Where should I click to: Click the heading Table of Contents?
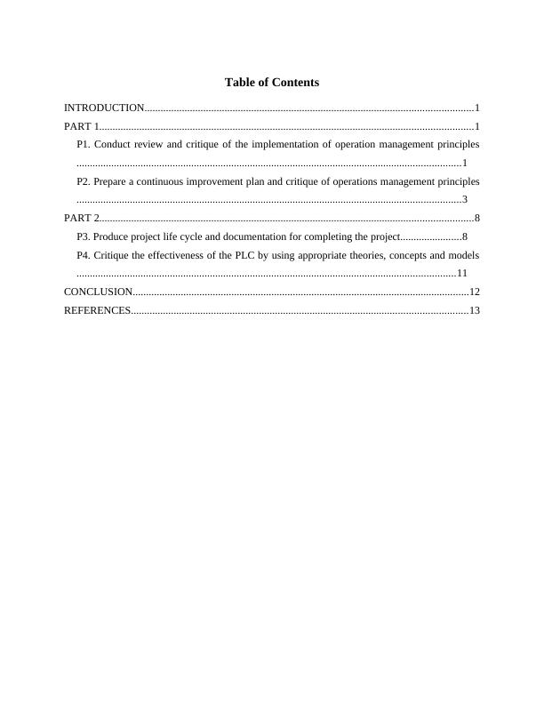tap(272, 83)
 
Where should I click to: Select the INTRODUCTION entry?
tap(104, 108)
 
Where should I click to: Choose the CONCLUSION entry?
tap(98, 292)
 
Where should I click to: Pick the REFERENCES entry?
tap(97, 310)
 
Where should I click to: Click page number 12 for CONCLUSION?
tap(474, 292)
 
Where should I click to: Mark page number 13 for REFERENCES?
tap(474, 310)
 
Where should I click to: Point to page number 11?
tap(461, 273)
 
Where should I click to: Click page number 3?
tap(465, 199)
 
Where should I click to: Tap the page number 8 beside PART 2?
tap(477, 218)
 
